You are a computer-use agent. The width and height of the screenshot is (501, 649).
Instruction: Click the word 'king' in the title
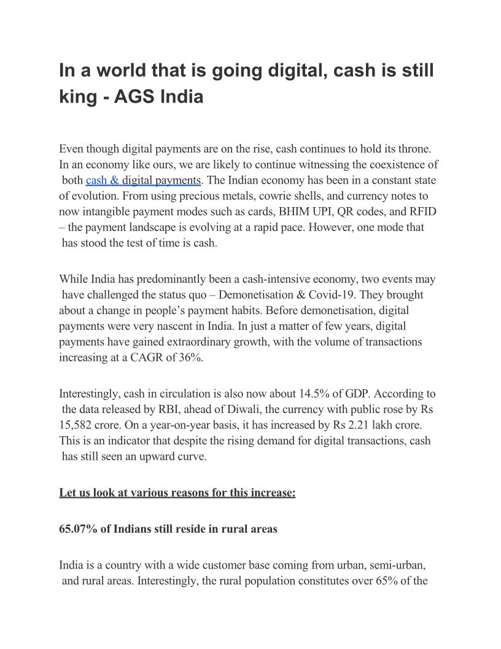[x=74, y=96]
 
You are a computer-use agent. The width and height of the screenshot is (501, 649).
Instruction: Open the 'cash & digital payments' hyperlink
[x=143, y=180]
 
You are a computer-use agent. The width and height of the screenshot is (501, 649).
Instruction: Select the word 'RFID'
[x=423, y=212]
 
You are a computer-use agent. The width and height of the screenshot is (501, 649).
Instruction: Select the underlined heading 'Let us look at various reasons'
[x=177, y=493]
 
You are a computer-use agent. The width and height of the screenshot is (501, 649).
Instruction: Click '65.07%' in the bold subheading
[x=78, y=529]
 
